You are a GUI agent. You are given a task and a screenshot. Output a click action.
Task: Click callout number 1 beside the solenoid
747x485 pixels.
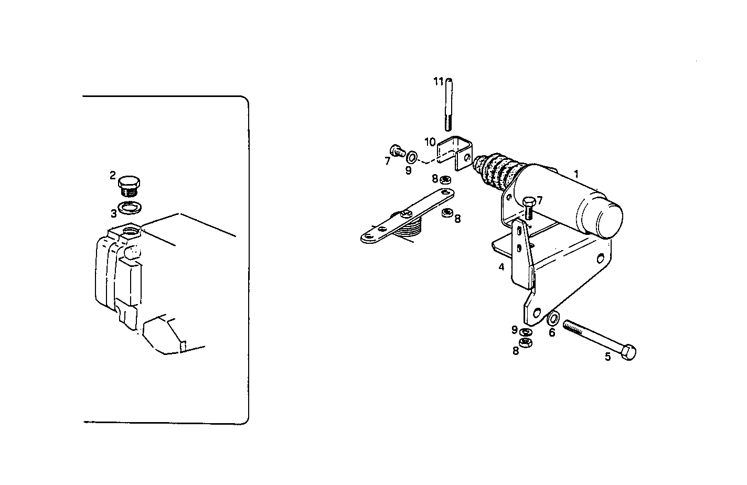pos(576,174)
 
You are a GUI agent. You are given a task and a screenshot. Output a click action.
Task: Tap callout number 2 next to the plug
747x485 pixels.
pos(113,175)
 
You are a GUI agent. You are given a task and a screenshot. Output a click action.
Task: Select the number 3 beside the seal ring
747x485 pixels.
pos(113,213)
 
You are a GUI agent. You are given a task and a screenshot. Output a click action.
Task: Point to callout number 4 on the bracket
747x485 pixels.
pos(501,267)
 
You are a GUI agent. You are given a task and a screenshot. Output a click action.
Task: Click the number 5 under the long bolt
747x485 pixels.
pos(607,357)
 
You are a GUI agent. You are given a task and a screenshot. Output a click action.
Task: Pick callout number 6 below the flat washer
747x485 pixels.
pos(552,332)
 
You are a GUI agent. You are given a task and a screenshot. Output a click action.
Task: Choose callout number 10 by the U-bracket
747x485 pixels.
pos(430,142)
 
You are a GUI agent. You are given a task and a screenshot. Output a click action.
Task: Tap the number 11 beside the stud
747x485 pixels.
pos(439,81)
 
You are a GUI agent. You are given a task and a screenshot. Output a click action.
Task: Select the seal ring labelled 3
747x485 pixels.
pos(130,208)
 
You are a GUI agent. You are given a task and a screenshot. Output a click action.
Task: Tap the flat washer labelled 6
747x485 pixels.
pos(553,318)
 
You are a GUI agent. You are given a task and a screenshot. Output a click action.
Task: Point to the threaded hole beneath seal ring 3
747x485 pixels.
pos(130,231)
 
